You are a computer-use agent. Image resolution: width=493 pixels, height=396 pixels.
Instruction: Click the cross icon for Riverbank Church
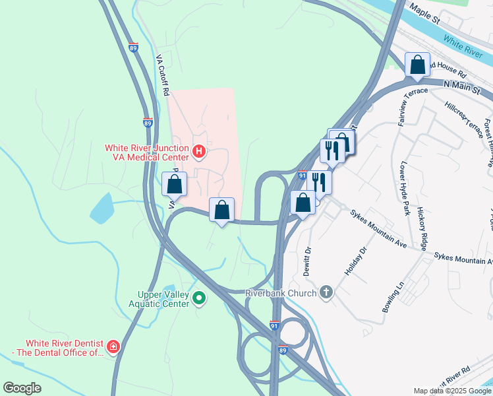[326, 292]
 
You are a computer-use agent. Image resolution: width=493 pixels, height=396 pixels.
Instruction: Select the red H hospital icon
[200, 153]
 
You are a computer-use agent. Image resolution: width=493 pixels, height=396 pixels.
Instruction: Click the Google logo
[22, 387]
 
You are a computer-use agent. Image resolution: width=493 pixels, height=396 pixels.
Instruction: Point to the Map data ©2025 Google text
[451, 391]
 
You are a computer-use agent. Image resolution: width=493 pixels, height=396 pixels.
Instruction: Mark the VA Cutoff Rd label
[163, 74]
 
